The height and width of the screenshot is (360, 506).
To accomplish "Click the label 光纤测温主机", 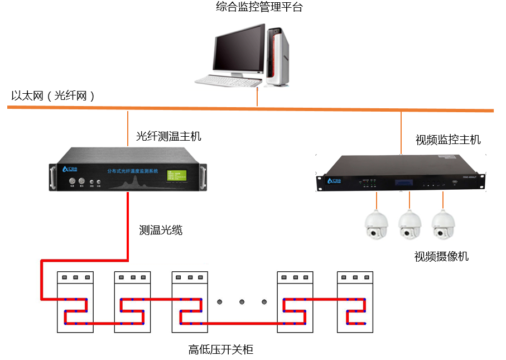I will coord(168,136).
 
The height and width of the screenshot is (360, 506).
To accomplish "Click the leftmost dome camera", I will coord(377,225).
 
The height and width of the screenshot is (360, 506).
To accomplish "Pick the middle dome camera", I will coord(410,225).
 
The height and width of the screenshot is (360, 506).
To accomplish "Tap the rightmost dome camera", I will coord(444,225).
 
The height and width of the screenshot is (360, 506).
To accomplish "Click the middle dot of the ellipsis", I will coord(242,302).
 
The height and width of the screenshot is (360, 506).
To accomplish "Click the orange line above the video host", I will coord(401,131).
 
